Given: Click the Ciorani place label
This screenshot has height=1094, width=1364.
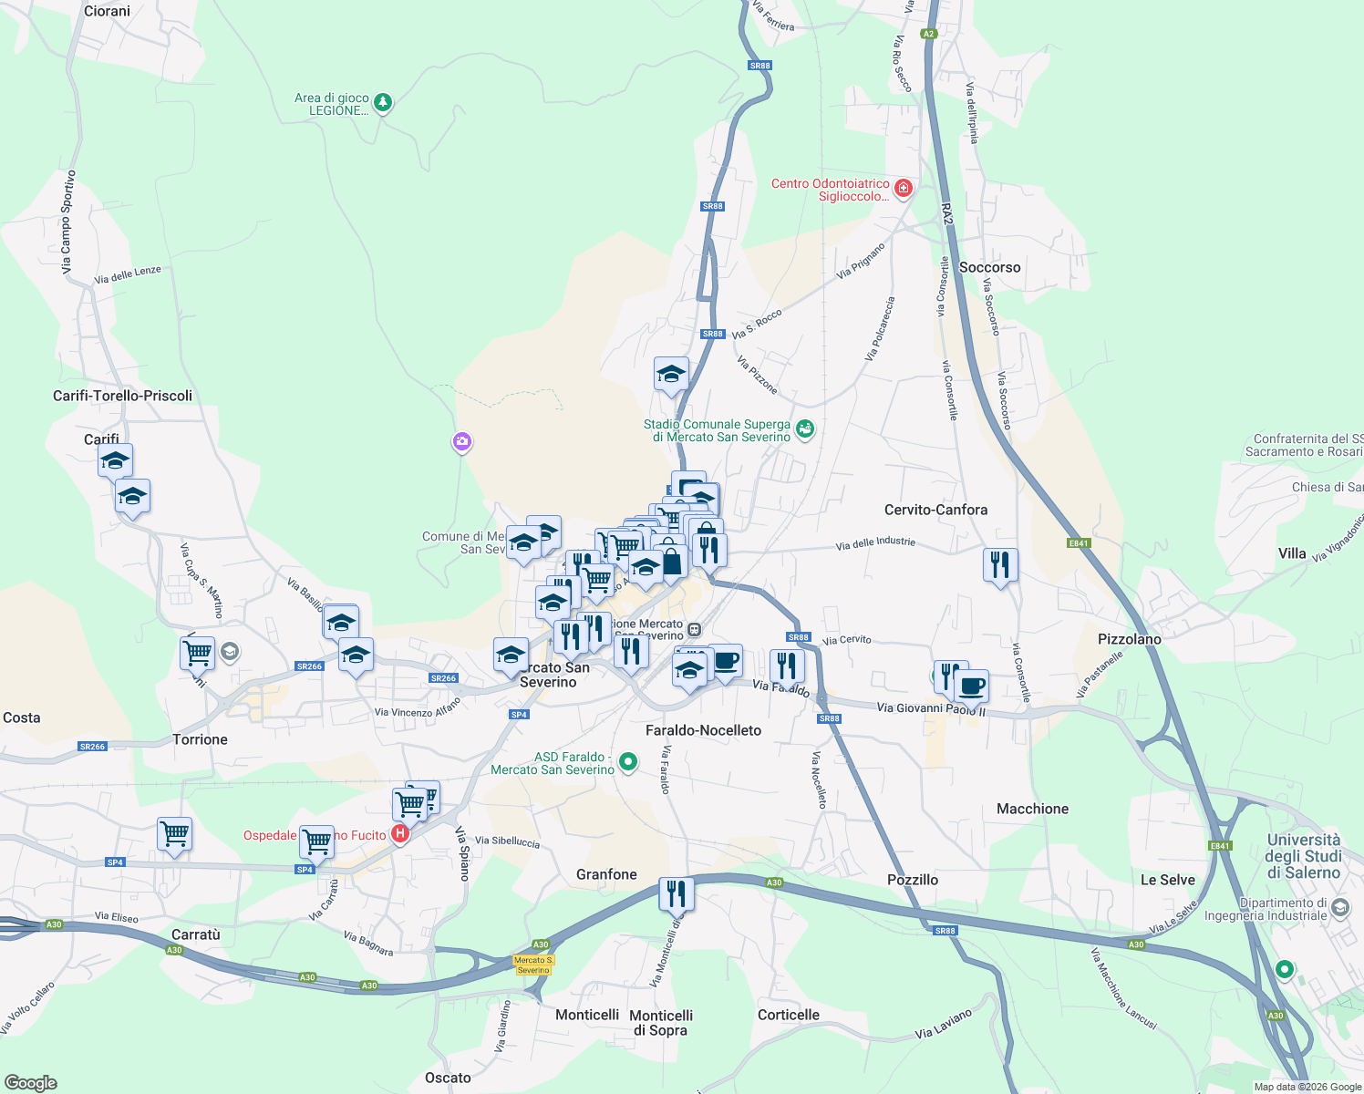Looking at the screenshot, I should [x=107, y=12].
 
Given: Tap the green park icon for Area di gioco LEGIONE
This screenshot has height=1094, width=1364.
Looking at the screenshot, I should [x=384, y=102].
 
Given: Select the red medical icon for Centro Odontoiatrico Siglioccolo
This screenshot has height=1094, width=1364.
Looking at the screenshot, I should [x=903, y=189].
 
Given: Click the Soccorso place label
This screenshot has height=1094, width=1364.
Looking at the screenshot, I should [x=989, y=268].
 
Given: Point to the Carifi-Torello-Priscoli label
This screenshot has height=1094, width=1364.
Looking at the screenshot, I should [x=122, y=396].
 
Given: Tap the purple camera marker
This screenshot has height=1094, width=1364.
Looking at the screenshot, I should [x=462, y=442].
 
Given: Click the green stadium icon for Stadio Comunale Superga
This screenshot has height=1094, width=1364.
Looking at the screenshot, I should [x=804, y=428].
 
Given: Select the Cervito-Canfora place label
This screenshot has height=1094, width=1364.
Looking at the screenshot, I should [x=935, y=511].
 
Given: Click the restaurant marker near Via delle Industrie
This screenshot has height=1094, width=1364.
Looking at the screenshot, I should [x=1000, y=565].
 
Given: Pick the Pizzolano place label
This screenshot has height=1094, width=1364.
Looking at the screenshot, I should [x=1129, y=640].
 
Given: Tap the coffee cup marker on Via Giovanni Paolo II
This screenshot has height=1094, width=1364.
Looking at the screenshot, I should [x=972, y=686].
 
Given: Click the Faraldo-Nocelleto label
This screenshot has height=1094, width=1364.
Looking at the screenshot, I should [x=703, y=731].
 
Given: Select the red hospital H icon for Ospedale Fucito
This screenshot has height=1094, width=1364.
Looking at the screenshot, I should [x=399, y=833].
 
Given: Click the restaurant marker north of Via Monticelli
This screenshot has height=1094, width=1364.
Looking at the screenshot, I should [x=676, y=893].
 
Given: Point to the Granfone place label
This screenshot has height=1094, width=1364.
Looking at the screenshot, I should [x=606, y=875].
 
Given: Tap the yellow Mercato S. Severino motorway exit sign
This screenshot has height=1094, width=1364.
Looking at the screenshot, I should [x=533, y=965].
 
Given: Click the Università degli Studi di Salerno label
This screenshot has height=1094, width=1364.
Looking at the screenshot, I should [x=1304, y=856].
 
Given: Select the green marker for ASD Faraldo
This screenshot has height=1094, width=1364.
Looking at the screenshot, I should [x=628, y=761].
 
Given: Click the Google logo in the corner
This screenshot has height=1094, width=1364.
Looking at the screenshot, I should [x=31, y=1083].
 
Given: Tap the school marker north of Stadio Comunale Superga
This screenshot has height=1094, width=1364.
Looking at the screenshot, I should [x=671, y=374].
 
